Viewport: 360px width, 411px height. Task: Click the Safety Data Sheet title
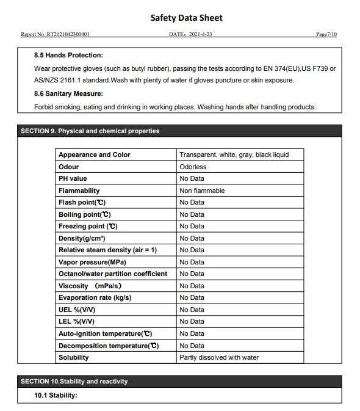point(186,18)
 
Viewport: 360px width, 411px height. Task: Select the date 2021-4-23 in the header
point(190,34)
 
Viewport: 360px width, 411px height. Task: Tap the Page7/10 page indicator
point(326,34)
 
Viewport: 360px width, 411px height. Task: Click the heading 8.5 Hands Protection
point(68,55)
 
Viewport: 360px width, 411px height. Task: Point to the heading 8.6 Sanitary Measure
point(68,93)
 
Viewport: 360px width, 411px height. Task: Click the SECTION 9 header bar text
point(90,131)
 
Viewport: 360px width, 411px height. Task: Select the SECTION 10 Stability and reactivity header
point(74,381)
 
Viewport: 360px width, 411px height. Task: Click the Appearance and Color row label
point(94,155)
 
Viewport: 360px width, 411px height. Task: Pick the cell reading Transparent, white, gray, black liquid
point(234,155)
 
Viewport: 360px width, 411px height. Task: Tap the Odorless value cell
point(193,167)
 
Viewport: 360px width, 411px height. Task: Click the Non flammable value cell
point(202,191)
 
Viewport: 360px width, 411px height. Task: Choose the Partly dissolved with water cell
point(218,357)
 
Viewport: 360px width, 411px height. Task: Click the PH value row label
point(73,178)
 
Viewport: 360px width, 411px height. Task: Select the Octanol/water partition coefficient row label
point(112,274)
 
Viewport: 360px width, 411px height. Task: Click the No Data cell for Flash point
point(192,202)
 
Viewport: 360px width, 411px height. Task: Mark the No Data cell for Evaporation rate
point(192,297)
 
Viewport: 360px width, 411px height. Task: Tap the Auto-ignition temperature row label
point(105,333)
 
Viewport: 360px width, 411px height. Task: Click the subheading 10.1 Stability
point(56,395)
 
